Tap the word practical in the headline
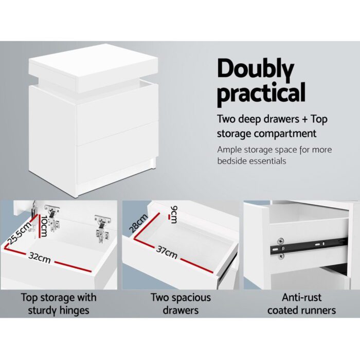tap(261, 94)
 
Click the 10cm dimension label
tap(44, 226)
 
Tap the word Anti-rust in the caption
tap(301, 297)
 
